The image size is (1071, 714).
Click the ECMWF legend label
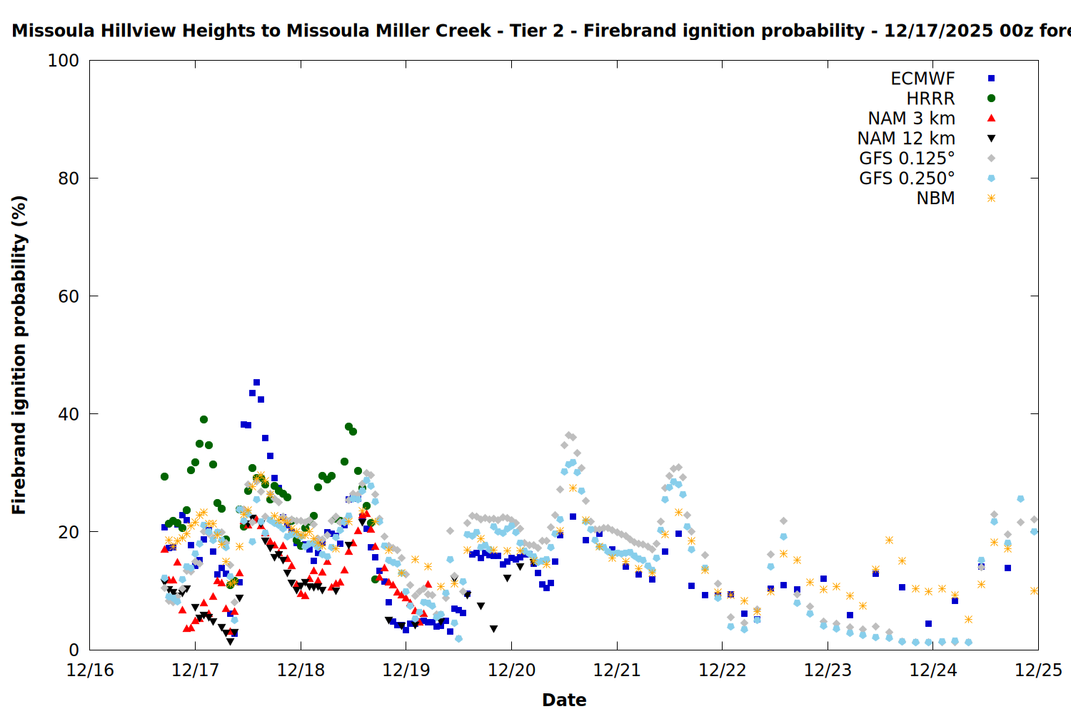pyautogui.click(x=922, y=79)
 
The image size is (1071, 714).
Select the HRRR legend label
pyautogui.click(x=930, y=99)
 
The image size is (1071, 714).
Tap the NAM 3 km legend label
pyautogui.click(x=911, y=119)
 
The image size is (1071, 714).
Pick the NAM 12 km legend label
pyautogui.click(x=906, y=139)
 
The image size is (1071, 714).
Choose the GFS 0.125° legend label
pyautogui.click(x=907, y=159)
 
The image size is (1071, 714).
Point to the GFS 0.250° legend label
pyautogui.click(x=907, y=178)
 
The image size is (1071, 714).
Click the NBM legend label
pyautogui.click(x=935, y=198)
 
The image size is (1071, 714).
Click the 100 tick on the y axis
pyautogui.click(x=64, y=61)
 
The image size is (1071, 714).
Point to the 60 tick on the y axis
pyautogui.click(x=69, y=296)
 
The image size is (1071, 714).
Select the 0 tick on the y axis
pyautogui.click(x=74, y=650)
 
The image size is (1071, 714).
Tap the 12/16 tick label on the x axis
pyautogui.click(x=90, y=670)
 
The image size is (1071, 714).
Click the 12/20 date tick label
pyautogui.click(x=511, y=670)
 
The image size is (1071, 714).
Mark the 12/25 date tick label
pyautogui.click(x=1038, y=670)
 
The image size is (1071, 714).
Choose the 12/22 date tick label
pyautogui.click(x=722, y=670)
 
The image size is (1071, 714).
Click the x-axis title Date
pyautogui.click(x=564, y=700)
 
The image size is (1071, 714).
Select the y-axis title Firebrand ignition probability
pyautogui.click(x=19, y=355)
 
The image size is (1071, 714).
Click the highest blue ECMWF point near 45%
pyautogui.click(x=256, y=383)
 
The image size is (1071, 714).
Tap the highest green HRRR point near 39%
pyautogui.click(x=203, y=420)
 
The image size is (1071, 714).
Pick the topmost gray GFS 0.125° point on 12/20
pyautogui.click(x=568, y=435)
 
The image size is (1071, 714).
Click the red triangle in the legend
pyautogui.click(x=991, y=119)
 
